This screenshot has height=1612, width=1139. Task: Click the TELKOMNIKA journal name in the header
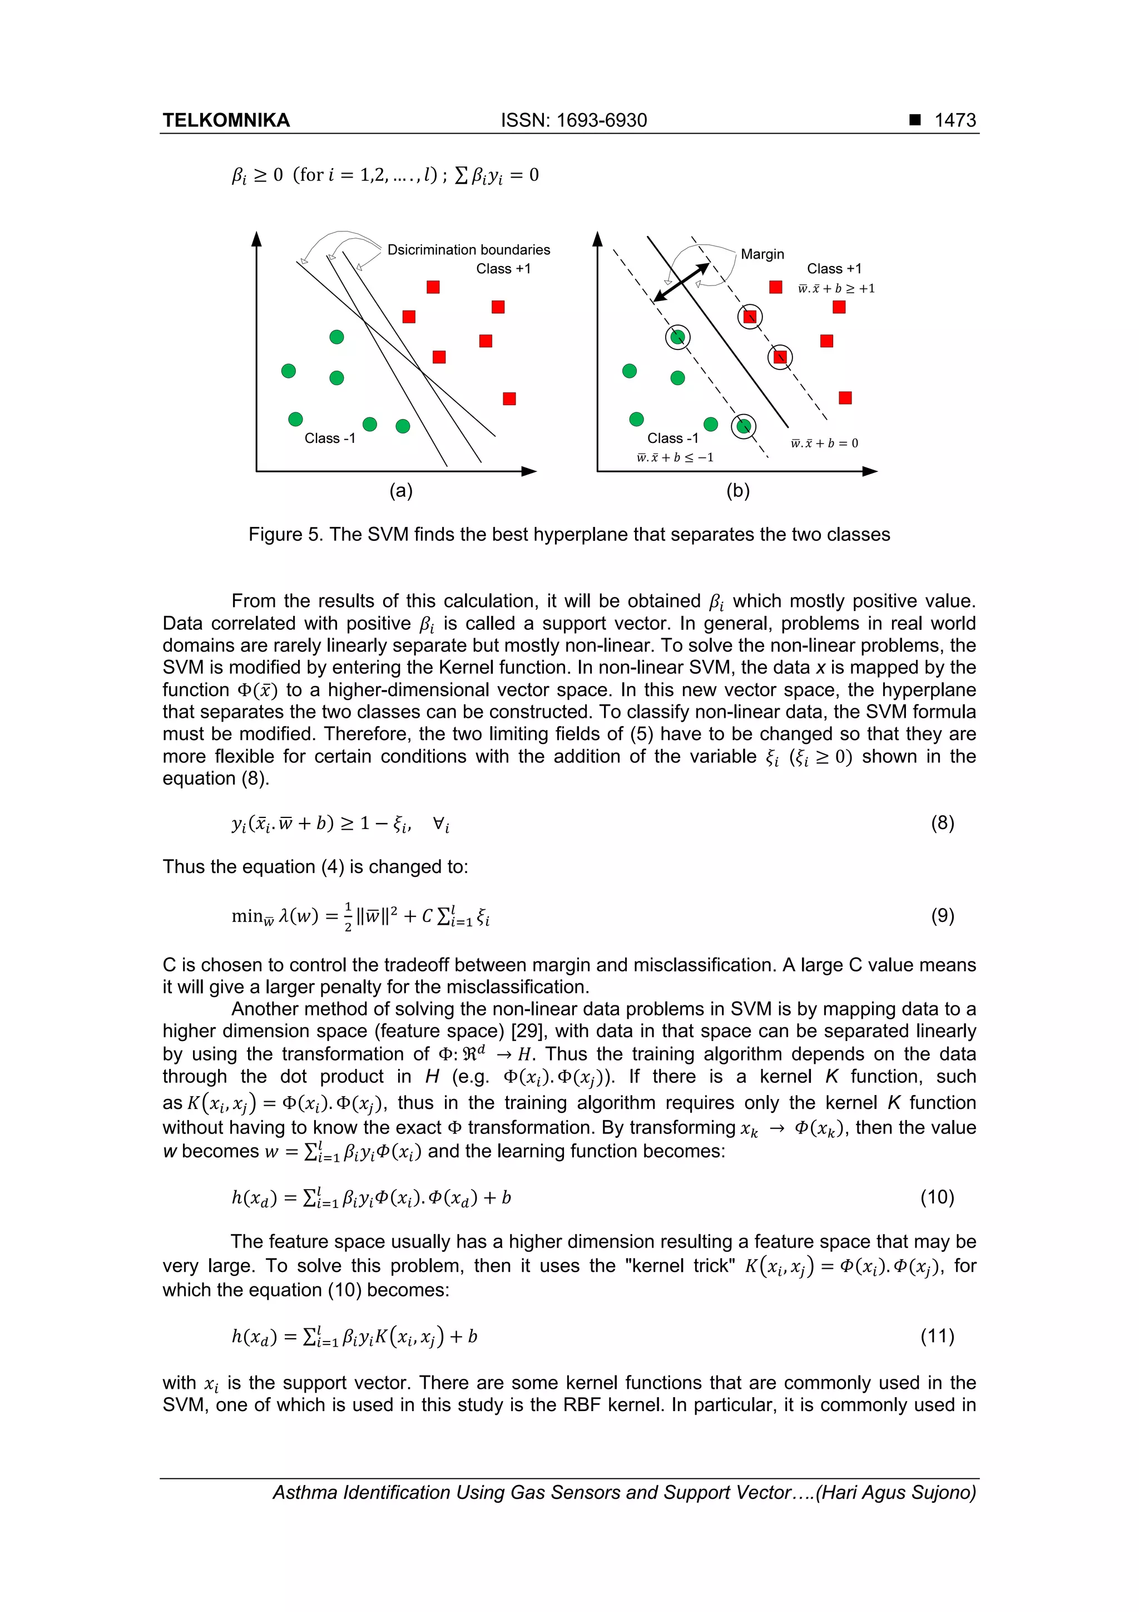(x=226, y=120)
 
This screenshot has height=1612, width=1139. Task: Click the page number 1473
(x=954, y=120)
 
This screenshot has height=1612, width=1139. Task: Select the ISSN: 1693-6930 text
(x=573, y=120)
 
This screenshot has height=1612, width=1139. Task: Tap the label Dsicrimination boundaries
(x=468, y=250)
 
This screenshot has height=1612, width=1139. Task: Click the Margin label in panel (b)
(x=762, y=254)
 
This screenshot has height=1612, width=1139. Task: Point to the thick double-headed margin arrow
(x=681, y=282)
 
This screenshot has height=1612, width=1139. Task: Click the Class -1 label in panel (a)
(x=330, y=438)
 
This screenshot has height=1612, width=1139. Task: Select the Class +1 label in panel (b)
(x=834, y=269)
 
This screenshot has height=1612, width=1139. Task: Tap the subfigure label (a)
(x=401, y=491)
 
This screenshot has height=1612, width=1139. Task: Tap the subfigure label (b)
(x=737, y=491)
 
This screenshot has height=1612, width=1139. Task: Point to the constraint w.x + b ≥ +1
(x=836, y=289)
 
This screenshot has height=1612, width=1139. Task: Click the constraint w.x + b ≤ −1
(x=675, y=458)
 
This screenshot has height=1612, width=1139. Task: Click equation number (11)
(x=937, y=1335)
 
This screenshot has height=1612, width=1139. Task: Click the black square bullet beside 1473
(x=914, y=120)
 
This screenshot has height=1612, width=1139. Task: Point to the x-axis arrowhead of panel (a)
(x=530, y=471)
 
